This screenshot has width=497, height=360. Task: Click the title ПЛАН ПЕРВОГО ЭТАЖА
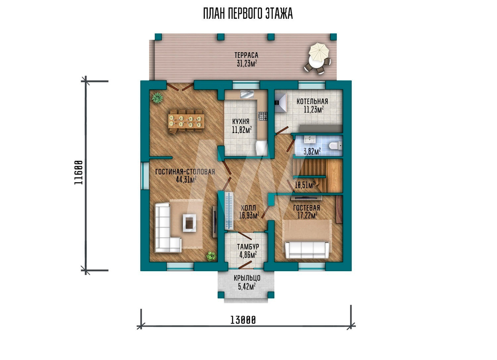click(x=248, y=14)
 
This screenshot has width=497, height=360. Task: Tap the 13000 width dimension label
click(x=243, y=320)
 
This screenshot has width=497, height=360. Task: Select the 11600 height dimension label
click(x=79, y=173)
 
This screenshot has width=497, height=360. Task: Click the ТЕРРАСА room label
click(x=247, y=55)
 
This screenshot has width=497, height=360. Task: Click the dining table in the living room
click(x=186, y=121)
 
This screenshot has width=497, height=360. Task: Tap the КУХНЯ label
click(x=241, y=121)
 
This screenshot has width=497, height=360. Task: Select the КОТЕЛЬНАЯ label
click(x=312, y=102)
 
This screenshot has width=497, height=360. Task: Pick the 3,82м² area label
click(x=312, y=151)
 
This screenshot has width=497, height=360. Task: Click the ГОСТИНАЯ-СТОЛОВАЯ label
click(x=185, y=172)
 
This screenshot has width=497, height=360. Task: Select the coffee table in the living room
click(x=189, y=222)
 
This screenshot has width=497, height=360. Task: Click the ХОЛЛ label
click(x=248, y=208)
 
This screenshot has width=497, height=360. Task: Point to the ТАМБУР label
click(x=248, y=247)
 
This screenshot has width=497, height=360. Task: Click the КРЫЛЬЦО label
click(x=247, y=278)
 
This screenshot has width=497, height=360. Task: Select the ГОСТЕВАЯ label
click(x=307, y=208)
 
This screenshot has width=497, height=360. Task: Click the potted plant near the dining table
click(x=157, y=98)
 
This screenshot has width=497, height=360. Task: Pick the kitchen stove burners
click(x=263, y=116)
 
